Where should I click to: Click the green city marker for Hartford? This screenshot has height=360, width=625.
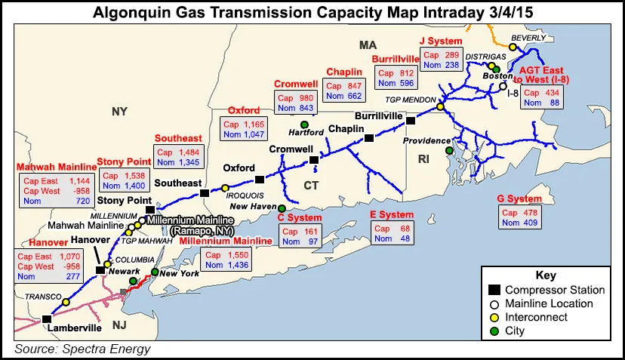304,125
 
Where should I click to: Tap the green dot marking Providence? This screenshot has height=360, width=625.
449,151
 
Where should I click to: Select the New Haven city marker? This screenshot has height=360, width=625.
282,208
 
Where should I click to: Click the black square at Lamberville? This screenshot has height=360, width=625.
47,318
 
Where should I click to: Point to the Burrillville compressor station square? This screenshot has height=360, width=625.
411,121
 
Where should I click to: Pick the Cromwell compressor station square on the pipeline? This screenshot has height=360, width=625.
314,160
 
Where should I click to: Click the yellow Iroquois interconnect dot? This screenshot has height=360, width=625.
224,187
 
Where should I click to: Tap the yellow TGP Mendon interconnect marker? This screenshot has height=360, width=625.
440,107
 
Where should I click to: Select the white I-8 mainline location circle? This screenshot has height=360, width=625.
503,86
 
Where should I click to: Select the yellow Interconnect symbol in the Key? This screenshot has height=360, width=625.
494,317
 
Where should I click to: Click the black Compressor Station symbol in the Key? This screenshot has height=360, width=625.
494,290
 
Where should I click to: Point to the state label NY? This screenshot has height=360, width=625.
119,112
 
